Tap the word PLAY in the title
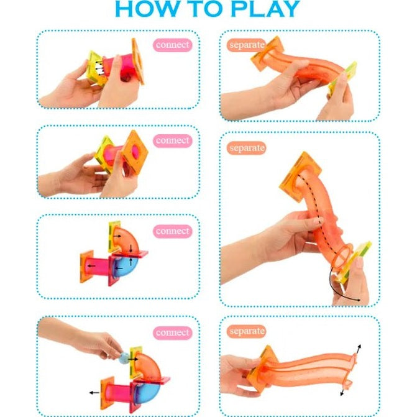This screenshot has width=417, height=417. pyautogui.click(x=265, y=9)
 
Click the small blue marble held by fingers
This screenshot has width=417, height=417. pyautogui.click(x=124, y=358)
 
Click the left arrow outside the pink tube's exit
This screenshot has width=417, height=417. pyautogui.click(x=94, y=393)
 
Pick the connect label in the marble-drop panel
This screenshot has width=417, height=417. pyautogui.click(x=172, y=332)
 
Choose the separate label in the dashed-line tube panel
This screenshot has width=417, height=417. pyautogui.click(x=246, y=148)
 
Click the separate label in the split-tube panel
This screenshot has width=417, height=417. pyautogui.click(x=246, y=331)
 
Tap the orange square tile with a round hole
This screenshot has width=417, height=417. pyautogui.click(x=135, y=152)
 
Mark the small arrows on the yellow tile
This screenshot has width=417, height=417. pyautogui.click(x=98, y=68)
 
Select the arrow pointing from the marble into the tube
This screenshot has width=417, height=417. pyautogui.click(x=133, y=359)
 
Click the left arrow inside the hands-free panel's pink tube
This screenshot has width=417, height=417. pyautogui.click(x=92, y=266)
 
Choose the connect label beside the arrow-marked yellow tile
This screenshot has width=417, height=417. pyautogui.click(x=172, y=45)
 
